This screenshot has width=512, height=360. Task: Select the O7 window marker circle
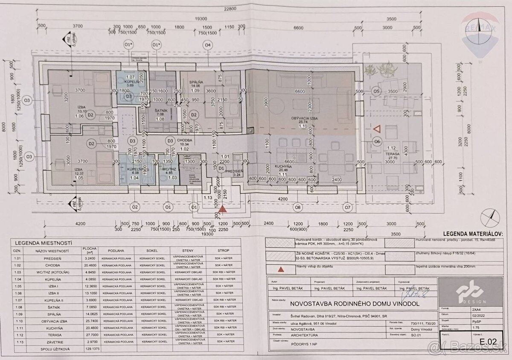348,208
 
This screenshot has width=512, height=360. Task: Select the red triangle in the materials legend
281,269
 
